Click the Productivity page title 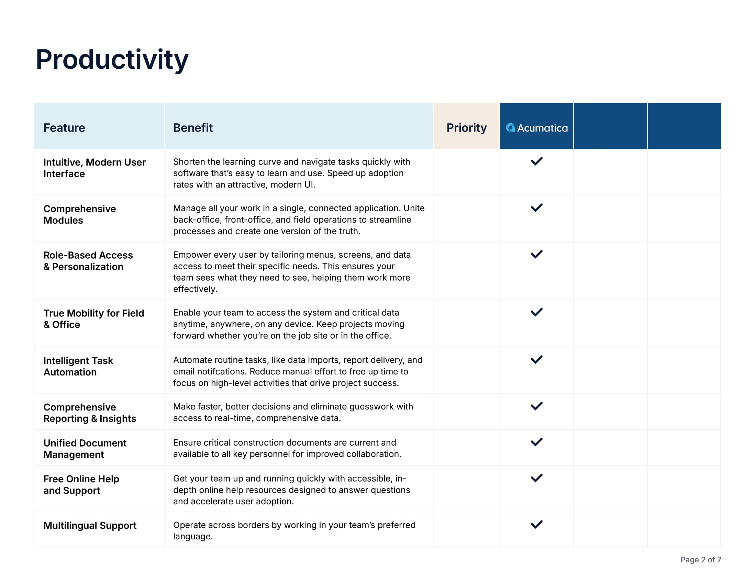pos(112,59)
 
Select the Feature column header pos(64,128)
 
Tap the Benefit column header pos(193,128)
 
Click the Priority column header pos(466,128)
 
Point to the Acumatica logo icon pos(510,128)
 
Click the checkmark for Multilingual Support pos(536,525)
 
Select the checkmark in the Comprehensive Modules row pos(536,207)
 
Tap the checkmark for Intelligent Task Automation pos(536,359)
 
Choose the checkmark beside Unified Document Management pos(536,442)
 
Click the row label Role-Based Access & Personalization pos(88,261)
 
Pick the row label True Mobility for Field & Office pos(93,319)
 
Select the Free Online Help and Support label pos(81,484)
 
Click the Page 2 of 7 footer pos(701,559)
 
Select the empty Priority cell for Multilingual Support pos(466,530)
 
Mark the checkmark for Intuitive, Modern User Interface pos(536,161)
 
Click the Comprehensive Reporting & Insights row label pos(90,413)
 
